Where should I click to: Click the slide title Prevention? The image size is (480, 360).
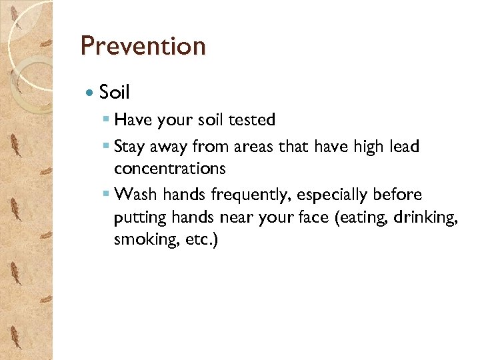[x=143, y=46]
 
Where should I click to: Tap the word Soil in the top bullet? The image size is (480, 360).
[x=114, y=91]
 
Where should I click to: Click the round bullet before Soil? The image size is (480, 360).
[x=90, y=91]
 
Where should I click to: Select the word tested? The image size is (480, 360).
[x=251, y=120]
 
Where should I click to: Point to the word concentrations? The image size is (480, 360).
[x=170, y=168]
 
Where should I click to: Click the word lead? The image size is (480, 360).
[x=404, y=146]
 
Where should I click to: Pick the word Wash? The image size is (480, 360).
[x=136, y=195]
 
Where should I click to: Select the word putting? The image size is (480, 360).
[x=138, y=218]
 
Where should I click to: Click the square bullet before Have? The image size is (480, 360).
[x=109, y=120]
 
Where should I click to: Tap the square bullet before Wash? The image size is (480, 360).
[x=109, y=195]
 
